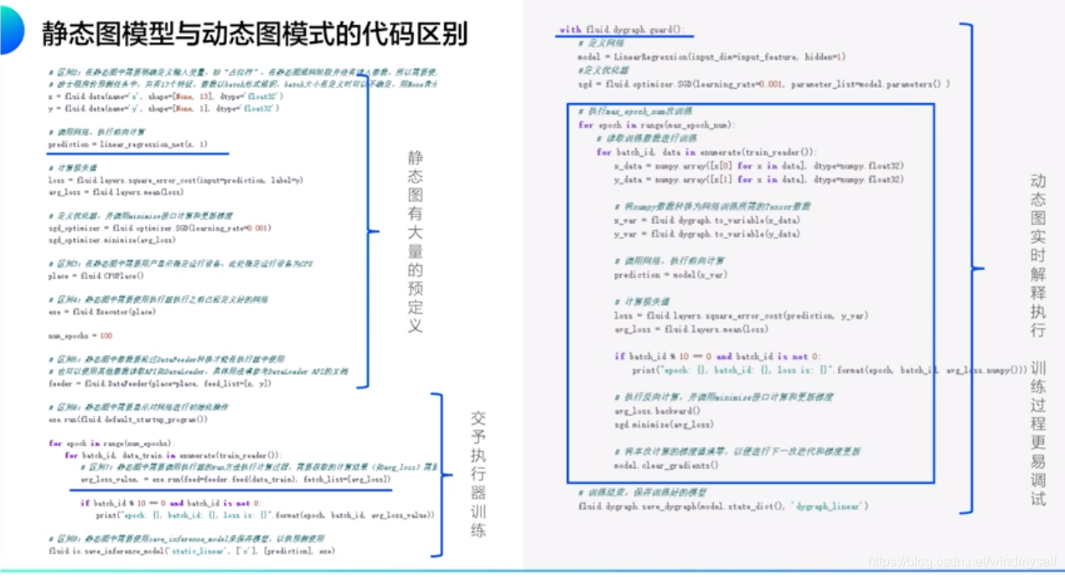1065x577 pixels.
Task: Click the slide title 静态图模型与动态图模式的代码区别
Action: click(x=255, y=34)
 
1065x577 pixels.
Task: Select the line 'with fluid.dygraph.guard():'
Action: click(x=622, y=30)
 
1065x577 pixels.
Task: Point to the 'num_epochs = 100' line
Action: click(x=80, y=335)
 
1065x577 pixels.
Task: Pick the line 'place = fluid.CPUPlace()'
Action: click(x=96, y=276)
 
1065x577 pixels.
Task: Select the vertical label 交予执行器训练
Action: click(x=478, y=474)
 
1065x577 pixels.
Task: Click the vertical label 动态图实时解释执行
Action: click(x=1038, y=255)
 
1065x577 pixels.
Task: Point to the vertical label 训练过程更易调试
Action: click(x=1038, y=433)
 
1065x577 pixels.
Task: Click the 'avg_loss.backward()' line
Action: click(x=657, y=411)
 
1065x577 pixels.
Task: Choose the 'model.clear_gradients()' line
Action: click(x=665, y=465)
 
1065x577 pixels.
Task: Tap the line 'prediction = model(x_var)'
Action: click(x=670, y=275)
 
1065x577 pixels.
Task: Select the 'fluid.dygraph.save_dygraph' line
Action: click(x=723, y=506)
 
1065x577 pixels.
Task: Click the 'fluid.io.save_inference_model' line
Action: click(x=193, y=551)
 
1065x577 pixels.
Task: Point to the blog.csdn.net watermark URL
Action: click(x=964, y=561)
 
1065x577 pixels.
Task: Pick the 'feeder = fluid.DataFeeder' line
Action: click(x=160, y=383)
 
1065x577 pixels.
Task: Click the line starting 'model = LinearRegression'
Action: click(x=711, y=57)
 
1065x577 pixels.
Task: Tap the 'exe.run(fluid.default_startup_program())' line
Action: click(x=128, y=418)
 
